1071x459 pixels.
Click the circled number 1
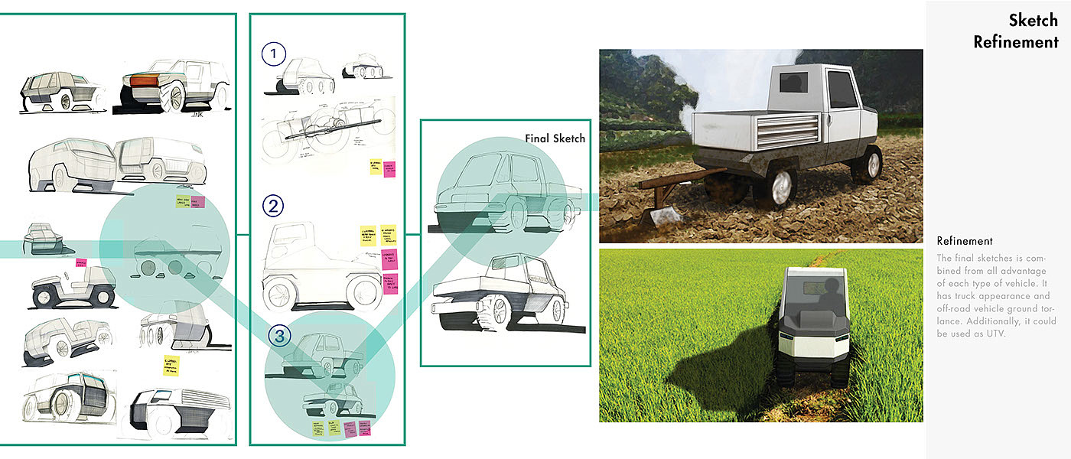coord(273,54)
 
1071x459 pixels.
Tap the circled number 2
coord(273,206)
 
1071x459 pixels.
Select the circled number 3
coord(279,334)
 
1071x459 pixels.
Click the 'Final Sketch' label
coord(555,138)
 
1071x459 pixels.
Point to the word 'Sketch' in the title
coord(1034,20)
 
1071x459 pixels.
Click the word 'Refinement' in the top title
coord(1016,42)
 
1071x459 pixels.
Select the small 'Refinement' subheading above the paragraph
coord(965,241)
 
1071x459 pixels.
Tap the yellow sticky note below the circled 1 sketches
coord(376,168)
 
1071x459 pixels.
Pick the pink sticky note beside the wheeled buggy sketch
coord(80,262)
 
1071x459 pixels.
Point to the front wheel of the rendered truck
coord(866,164)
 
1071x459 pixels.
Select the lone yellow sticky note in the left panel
coord(170,366)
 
